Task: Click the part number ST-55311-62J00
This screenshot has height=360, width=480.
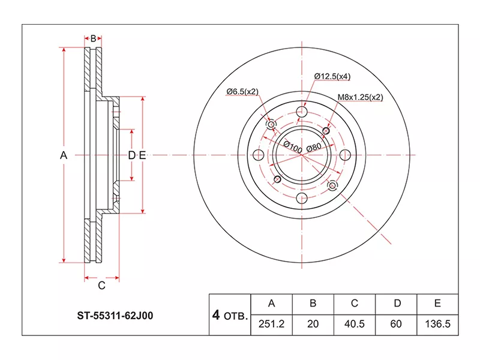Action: click(x=115, y=316)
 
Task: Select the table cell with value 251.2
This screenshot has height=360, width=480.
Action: click(x=272, y=325)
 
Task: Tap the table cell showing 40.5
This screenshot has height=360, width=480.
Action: click(x=355, y=325)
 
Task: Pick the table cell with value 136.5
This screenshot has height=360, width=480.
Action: click(x=438, y=325)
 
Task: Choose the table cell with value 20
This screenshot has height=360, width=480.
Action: click(x=313, y=325)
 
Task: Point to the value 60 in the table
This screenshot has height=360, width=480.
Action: click(x=396, y=324)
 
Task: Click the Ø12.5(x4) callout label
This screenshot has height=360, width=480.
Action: click(x=332, y=76)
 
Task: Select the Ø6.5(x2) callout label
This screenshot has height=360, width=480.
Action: click(x=242, y=92)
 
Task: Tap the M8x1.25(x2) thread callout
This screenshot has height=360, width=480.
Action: click(x=361, y=97)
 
